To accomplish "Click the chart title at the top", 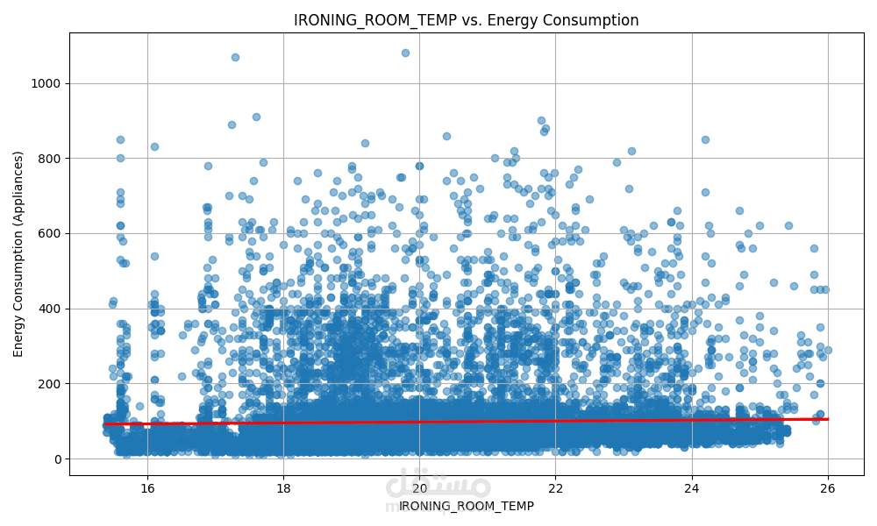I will point(466,20).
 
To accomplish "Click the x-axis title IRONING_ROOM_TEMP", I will point(466,506).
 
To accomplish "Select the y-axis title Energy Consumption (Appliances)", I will point(18,253).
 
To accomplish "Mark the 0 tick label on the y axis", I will point(58,458).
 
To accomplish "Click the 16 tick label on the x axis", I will point(146,487).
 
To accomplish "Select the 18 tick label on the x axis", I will point(283,487).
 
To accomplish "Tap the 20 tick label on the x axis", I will point(419,487).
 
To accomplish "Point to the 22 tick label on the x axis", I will point(555,487).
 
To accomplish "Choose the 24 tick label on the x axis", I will point(692,487).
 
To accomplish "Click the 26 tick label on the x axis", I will point(828,487).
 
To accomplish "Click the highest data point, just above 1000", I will point(405,53).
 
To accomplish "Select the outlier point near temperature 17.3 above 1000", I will point(235,57).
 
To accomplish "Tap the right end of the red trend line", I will point(827,419).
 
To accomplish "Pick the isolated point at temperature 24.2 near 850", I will point(705,139).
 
